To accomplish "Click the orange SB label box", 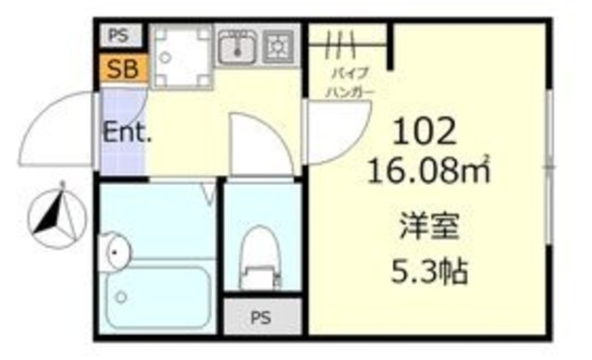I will pos(121,68).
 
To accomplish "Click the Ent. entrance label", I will pos(126,132).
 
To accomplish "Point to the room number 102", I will pos(425,134).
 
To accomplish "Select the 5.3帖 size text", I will pos(429,272).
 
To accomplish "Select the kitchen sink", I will pos(238,45).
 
